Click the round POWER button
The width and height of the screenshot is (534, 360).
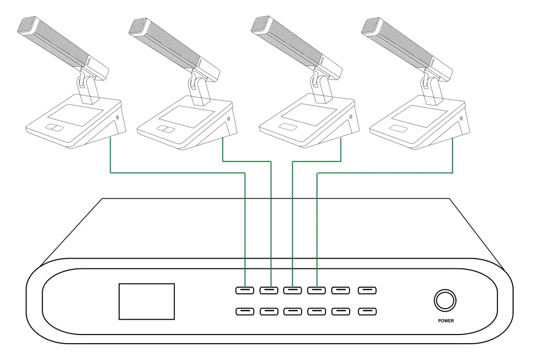tap(445, 300)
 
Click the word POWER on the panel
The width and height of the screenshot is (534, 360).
tap(445, 321)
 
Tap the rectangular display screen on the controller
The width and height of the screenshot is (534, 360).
tap(147, 301)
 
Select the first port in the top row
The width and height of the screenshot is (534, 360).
tap(245, 290)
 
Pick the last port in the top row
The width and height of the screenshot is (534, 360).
tap(367, 290)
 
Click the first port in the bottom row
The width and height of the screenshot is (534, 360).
tap(245, 311)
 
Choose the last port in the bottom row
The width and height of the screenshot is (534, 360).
tap(367, 311)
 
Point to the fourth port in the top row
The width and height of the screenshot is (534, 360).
tap(317, 290)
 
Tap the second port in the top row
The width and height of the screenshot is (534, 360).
tap(269, 290)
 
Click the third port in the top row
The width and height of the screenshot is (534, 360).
tap(292, 290)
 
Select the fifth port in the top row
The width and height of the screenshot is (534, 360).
tap(341, 290)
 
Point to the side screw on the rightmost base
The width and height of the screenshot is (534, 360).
tap(461, 119)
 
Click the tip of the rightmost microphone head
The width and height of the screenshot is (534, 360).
tap(369, 25)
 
